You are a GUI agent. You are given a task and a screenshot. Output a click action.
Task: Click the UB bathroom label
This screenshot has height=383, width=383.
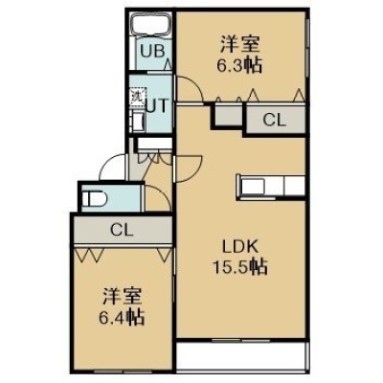152,51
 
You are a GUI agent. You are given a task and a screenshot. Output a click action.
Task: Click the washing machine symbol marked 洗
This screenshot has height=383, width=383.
137,95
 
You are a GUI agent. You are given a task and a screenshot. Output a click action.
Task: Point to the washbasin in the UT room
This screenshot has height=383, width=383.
138,122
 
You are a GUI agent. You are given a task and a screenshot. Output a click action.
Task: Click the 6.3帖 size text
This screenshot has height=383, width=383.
239,66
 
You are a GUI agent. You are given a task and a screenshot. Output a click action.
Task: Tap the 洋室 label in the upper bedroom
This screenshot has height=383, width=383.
239,46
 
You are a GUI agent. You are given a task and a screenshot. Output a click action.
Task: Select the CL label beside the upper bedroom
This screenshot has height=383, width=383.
274,121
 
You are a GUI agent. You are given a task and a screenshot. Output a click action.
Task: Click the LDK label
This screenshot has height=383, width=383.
239,247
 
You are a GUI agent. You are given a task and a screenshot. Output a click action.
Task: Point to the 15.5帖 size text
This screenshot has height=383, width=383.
239,267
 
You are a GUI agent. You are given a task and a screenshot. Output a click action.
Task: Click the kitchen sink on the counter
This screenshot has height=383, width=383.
253,187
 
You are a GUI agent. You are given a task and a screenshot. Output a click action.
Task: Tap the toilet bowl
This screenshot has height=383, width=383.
95,199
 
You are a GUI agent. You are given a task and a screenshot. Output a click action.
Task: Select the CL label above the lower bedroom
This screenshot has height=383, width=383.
122,230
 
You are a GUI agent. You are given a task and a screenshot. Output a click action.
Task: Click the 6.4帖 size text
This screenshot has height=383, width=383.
122,317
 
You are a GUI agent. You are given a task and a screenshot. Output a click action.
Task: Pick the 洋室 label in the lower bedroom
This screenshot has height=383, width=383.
122,297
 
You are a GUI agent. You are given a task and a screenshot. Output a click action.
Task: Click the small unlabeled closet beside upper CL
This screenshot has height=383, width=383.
227,115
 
